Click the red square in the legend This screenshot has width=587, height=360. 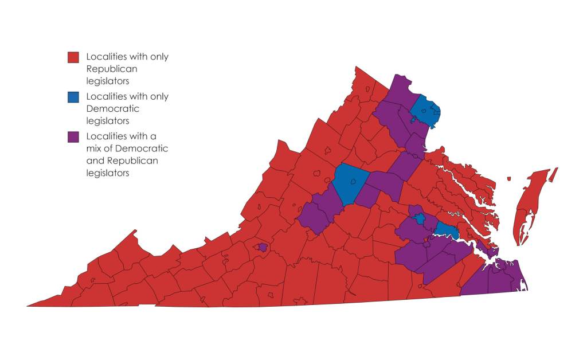pyautogui.click(x=73, y=57)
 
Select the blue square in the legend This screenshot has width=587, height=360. pyautogui.click(x=73, y=97)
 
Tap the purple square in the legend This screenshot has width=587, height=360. pyautogui.click(x=73, y=137)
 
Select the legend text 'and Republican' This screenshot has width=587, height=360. pyautogui.click(x=122, y=161)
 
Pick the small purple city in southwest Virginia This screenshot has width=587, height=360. pyautogui.click(x=263, y=247)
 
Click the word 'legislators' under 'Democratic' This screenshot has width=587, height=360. pyautogui.click(x=107, y=121)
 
